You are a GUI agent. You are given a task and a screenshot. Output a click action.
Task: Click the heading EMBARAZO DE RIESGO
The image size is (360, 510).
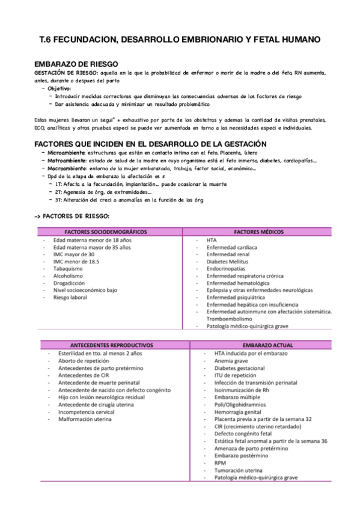pos(76,64)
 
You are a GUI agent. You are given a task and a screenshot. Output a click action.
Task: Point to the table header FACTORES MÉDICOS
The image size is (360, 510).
pos(258,232)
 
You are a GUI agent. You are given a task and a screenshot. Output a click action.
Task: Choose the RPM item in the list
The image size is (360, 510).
pos(220,463)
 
